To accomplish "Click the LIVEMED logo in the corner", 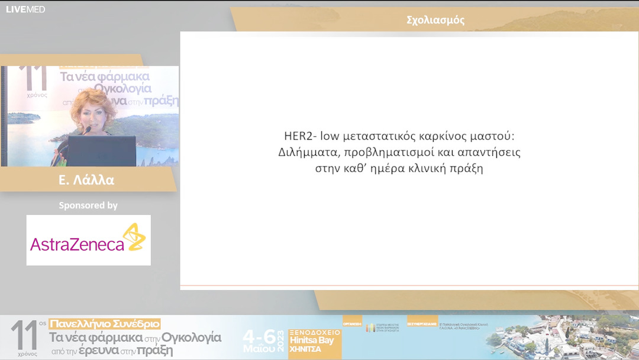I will [x=25, y=9].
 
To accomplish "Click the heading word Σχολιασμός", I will [x=435, y=20].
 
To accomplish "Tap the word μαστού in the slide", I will [x=496, y=136].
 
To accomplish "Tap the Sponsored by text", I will [x=88, y=205].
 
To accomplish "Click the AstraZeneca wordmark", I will [x=77, y=244].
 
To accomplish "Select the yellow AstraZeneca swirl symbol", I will [x=135, y=237].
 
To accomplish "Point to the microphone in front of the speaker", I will [x=87, y=130].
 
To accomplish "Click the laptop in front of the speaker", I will [x=102, y=151].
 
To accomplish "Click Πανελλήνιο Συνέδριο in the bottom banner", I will [x=105, y=324].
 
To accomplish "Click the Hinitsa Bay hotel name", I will [x=314, y=340].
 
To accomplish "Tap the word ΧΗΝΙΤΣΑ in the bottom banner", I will [x=305, y=349].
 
